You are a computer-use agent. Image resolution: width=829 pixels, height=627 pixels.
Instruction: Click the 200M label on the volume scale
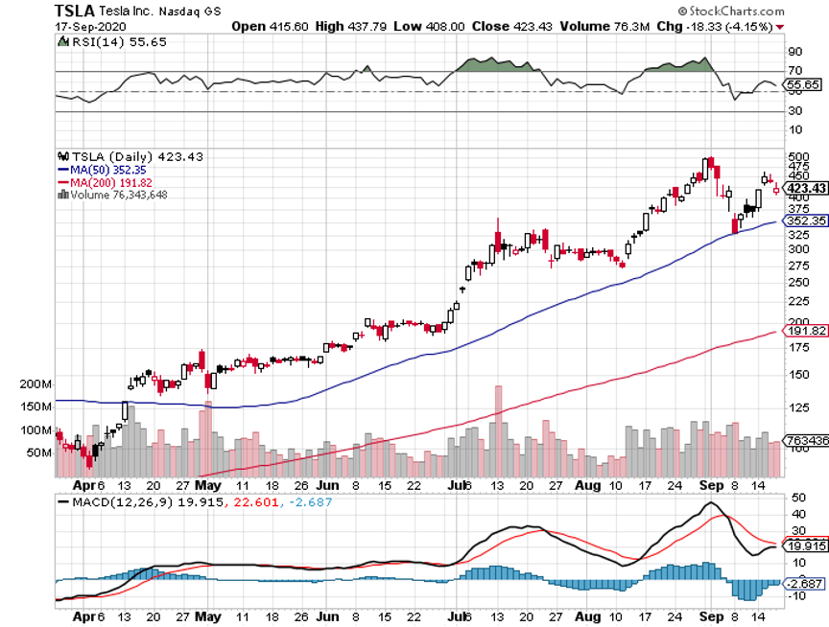(34, 383)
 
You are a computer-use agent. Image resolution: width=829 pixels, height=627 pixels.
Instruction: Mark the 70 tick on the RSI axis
(793, 71)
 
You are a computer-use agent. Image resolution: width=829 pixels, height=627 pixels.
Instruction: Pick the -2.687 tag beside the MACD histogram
(803, 583)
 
